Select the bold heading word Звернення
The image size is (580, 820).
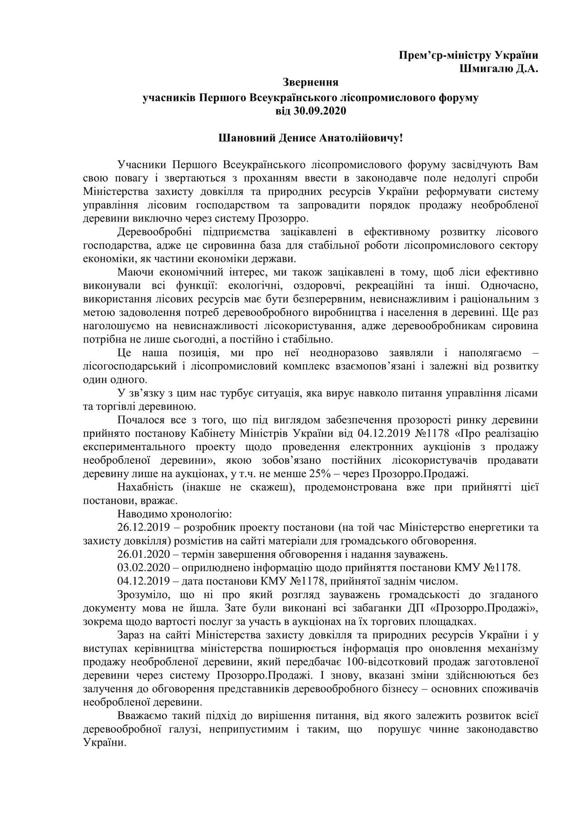pos(310,82)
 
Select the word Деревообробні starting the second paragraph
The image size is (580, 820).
pos(154,232)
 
